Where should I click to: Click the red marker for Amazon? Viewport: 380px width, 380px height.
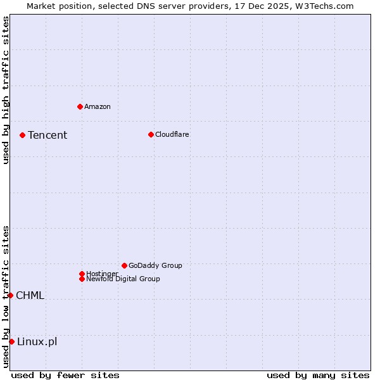pos(80,106)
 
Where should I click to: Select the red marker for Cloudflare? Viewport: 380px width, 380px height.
pos(151,134)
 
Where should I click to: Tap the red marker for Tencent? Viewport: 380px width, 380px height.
pos(22,135)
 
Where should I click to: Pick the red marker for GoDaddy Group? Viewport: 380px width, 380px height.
pos(124,265)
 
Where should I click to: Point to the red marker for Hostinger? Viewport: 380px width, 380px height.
pos(82,274)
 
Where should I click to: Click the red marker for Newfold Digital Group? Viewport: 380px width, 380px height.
pos(82,279)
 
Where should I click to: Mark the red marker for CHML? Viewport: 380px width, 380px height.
pos(10,295)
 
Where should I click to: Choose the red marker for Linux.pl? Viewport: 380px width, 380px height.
pos(11,342)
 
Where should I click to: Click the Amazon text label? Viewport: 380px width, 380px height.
pos(98,106)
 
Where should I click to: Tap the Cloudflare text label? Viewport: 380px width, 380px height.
pos(172,134)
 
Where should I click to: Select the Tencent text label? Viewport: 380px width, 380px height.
pos(47,135)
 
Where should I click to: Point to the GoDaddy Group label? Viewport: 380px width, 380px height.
pos(155,265)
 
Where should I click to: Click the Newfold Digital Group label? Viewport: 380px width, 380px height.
pos(123,279)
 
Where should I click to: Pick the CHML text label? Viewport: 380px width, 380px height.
pos(30,295)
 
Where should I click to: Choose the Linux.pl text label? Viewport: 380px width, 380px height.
pos(37,342)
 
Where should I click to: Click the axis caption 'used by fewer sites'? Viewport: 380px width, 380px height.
pos(65,375)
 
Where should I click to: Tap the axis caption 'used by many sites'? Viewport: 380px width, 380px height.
pos(318,375)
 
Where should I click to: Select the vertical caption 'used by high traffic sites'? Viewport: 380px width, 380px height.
pos(6,90)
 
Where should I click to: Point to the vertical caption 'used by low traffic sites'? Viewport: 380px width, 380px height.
pos(6,296)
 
